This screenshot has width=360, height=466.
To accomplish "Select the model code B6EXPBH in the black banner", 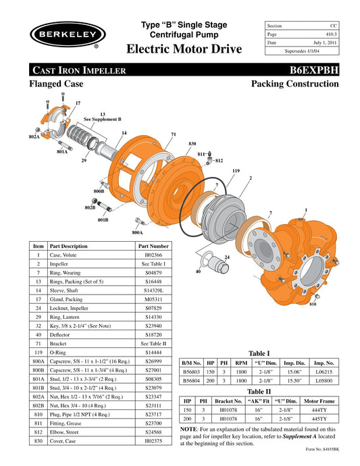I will pyautogui.click(x=314, y=70).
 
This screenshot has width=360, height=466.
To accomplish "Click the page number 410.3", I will pyautogui.click(x=330, y=34).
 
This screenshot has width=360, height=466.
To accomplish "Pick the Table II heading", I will pyautogui.click(x=259, y=391).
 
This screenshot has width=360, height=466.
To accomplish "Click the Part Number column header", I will pyautogui.click(x=153, y=247).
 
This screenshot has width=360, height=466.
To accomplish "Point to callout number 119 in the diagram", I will pyautogui.click(x=236, y=172).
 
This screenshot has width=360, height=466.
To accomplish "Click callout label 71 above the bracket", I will pyautogui.click(x=174, y=135).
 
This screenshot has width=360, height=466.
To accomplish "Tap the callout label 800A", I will pyautogui.click(x=137, y=232).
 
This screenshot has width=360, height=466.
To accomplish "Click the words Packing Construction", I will pyautogui.click(x=294, y=84).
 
